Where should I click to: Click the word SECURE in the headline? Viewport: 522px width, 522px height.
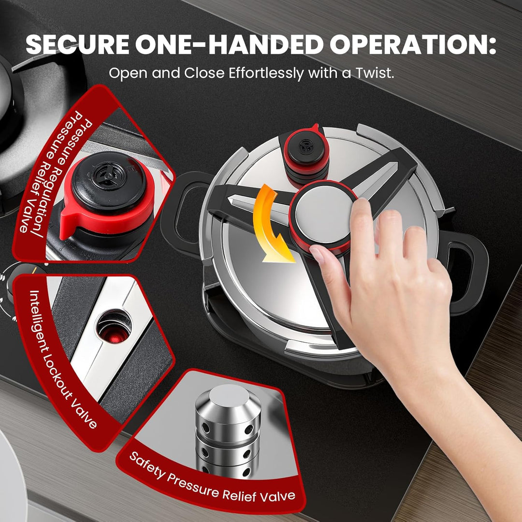click(77, 44)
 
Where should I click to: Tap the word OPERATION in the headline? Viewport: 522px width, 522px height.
click(413, 44)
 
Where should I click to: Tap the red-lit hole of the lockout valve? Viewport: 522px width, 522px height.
click(114, 327)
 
